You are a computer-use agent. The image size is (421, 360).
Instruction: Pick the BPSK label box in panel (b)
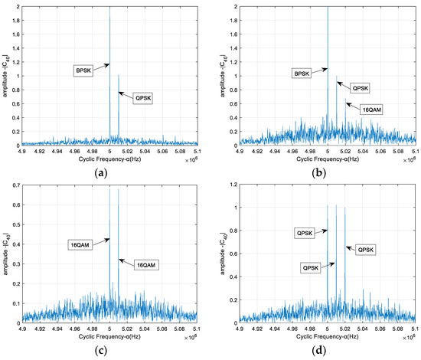tap(302, 74)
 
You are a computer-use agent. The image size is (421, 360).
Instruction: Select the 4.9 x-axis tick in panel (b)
tap(240, 152)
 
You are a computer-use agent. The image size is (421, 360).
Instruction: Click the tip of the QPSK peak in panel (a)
tap(118, 74)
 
